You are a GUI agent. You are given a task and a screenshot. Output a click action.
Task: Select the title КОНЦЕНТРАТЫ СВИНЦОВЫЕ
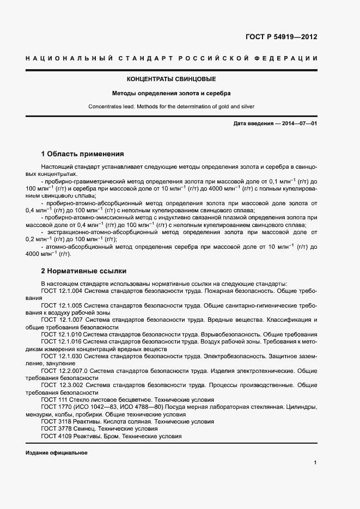coord(171,79)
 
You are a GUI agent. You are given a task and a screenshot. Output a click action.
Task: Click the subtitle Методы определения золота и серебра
coord(171,93)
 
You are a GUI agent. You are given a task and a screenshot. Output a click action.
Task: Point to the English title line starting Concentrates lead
coord(171,107)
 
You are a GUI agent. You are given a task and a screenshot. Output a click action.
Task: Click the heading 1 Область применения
coord(83,154)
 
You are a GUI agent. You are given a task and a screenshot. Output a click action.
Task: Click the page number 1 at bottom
coord(315,463)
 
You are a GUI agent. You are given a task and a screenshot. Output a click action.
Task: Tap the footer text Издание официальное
coord(56,453)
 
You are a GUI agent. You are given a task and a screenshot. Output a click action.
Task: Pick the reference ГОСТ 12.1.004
coord(62,291)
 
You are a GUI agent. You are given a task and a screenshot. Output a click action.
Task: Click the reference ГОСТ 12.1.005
coord(62,306)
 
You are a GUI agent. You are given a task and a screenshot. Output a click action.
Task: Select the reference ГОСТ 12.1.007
coord(62,320)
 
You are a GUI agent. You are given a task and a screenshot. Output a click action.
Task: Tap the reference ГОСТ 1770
coord(55,407)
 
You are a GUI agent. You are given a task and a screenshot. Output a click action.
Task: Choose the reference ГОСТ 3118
coord(55,421)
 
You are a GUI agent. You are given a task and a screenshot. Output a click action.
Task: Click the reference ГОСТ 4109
coord(55,436)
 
